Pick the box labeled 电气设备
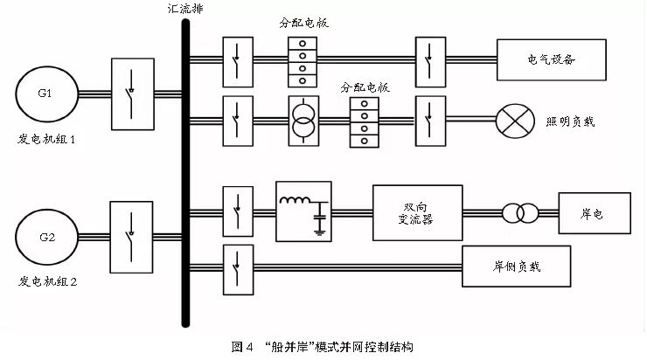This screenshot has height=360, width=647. (x=552, y=60)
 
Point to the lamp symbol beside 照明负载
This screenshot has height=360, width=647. (x=513, y=121)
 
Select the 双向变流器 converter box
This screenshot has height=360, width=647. (x=415, y=211)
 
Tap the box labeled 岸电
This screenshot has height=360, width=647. (x=593, y=213)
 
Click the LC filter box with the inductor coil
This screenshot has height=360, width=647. (x=303, y=211)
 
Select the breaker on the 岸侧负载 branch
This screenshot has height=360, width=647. (x=235, y=264)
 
